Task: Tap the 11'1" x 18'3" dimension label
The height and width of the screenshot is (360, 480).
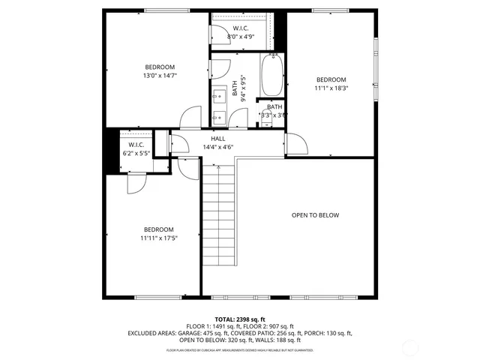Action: (x=331, y=88)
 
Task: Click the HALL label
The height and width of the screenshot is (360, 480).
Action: (x=218, y=139)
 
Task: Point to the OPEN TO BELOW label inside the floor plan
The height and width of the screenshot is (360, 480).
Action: (x=315, y=215)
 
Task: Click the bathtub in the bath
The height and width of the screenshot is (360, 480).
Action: (x=271, y=75)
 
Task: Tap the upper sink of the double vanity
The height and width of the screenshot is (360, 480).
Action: (x=219, y=95)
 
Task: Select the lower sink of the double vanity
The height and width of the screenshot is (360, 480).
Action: (x=219, y=116)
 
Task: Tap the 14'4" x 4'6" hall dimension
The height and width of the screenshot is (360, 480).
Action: (x=218, y=147)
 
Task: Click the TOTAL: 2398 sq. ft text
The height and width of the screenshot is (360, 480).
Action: (x=240, y=319)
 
